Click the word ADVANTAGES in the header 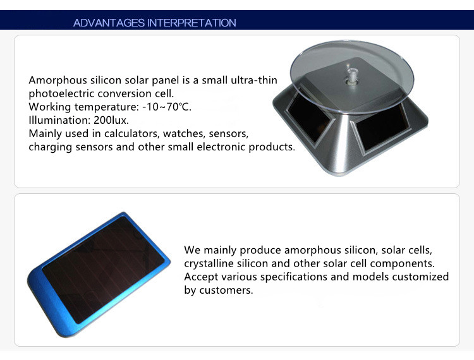click(x=109, y=23)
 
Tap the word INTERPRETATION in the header click(x=191, y=23)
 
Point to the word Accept click(x=200, y=277)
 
